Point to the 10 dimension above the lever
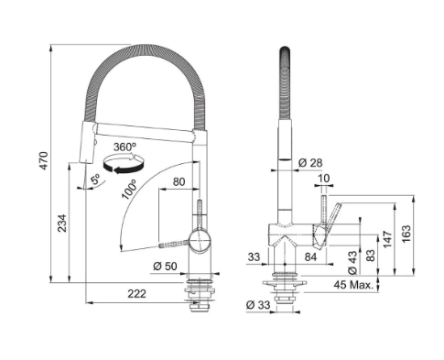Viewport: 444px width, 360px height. (x=324, y=178)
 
